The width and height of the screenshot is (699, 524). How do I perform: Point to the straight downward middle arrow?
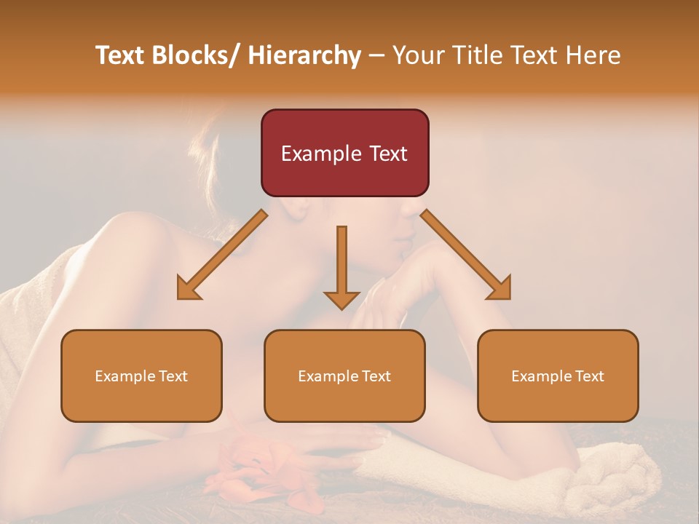coord(341,266)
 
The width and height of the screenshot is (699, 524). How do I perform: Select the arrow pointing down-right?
coord(466,255)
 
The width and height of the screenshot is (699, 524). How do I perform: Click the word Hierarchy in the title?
coord(304,55)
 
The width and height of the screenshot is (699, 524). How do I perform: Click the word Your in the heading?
coord(418,55)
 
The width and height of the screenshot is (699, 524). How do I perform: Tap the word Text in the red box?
coord(387,154)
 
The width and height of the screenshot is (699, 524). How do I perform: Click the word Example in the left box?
coord(125,376)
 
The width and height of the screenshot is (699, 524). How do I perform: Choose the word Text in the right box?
coord(588,376)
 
